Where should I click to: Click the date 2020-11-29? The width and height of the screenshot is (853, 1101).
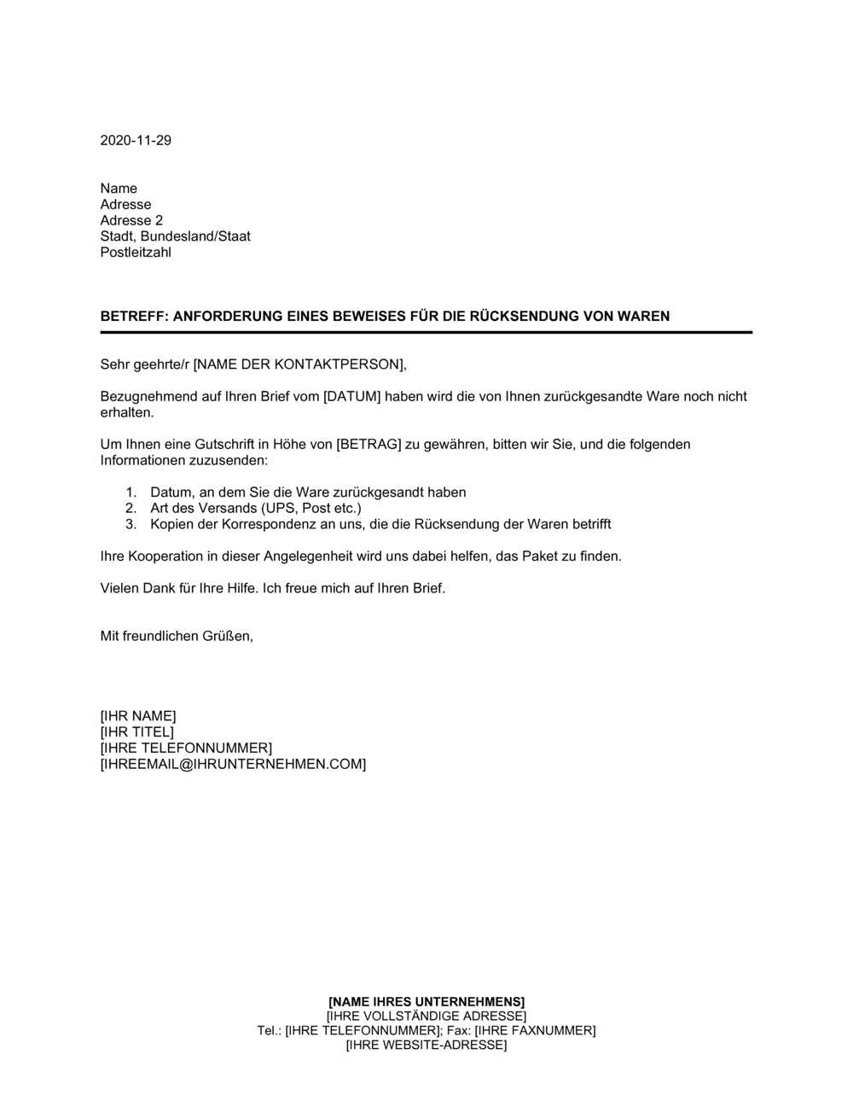coord(136,141)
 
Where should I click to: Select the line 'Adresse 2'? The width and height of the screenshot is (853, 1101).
coord(131,220)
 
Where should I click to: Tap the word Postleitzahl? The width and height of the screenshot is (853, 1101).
coord(136,253)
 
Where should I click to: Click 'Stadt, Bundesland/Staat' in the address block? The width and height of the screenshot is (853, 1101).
coord(175,236)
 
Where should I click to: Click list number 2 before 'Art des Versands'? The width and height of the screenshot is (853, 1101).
coord(131,509)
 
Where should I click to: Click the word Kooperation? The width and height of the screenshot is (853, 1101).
coord(160,556)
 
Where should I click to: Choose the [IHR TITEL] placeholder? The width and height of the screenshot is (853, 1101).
coord(136,732)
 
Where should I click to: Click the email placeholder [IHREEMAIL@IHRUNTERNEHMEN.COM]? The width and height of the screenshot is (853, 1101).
coord(233,765)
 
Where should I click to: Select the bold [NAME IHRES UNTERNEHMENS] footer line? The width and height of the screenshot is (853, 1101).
coord(426,1001)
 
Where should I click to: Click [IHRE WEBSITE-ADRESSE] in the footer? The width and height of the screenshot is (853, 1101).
coord(426,1046)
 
